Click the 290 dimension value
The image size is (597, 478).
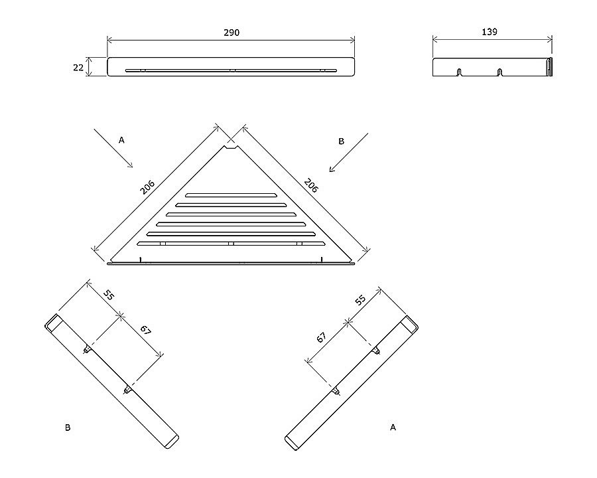[x=232, y=33]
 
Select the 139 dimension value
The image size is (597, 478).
[x=490, y=32]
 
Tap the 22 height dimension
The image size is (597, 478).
[x=78, y=68]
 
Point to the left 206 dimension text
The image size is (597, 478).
[x=147, y=187]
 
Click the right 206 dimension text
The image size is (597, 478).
[x=311, y=186]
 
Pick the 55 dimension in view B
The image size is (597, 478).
[x=109, y=295]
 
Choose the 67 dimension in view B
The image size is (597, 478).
[x=145, y=330]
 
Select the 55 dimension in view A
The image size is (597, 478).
[x=360, y=300]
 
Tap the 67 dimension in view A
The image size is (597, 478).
[x=321, y=337]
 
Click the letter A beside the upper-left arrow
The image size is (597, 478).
[x=121, y=140]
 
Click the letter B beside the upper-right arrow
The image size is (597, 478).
[x=341, y=141]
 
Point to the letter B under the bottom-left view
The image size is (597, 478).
[x=68, y=428]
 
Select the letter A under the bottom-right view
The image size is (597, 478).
[x=393, y=428]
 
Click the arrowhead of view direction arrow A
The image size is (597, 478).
[x=131, y=165]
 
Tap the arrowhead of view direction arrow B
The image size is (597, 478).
[x=332, y=169]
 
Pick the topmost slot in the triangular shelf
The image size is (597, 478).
[x=231, y=196]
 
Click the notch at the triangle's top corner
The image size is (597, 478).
[x=231, y=147]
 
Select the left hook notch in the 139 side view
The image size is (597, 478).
[x=459, y=72]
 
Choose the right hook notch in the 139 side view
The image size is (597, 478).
[x=500, y=72]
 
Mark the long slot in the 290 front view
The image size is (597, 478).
[x=231, y=70]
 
